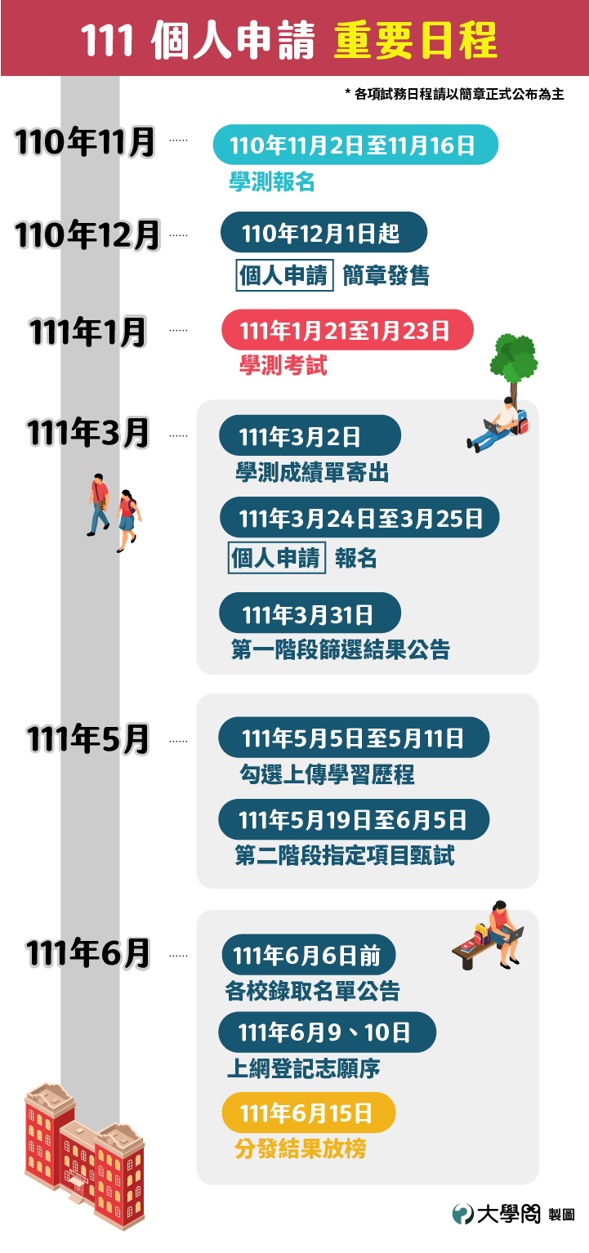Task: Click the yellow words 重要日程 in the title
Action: coord(415,40)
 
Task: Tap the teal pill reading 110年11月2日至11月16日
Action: coord(355,145)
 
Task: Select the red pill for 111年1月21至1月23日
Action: coord(347,330)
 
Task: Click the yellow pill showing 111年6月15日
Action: coord(309,1112)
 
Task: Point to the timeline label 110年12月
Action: coord(87,235)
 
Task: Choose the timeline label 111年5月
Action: coord(87,738)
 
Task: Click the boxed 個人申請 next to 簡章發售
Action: coord(285,275)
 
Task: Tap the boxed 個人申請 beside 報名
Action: coord(276,558)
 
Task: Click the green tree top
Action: coord(514,357)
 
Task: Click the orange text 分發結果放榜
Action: coord(301,1149)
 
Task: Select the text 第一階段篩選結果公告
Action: coord(341,649)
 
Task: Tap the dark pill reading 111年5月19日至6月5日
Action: coord(354,819)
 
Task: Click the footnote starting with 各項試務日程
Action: coord(454,94)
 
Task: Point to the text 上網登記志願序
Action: coord(303,1068)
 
